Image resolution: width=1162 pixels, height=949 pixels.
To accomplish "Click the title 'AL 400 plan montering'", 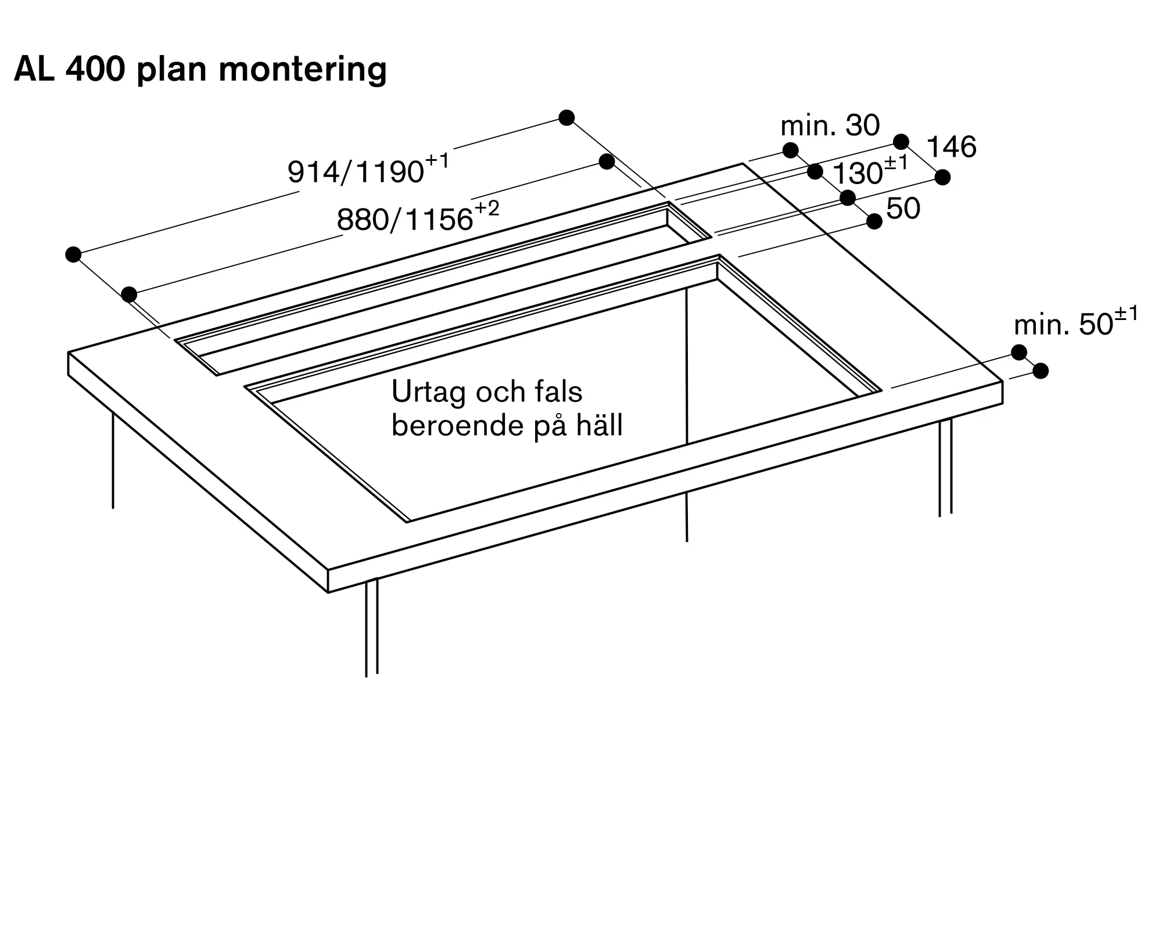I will coord(200,70).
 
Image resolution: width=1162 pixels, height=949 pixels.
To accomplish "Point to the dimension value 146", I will coord(951,147).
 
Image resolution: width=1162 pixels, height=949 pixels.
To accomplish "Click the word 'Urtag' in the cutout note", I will coord(429,392).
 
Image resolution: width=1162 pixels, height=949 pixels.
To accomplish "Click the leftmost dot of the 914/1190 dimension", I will coord(73,254).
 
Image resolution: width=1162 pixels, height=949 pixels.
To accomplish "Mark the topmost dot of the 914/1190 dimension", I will coord(566,118).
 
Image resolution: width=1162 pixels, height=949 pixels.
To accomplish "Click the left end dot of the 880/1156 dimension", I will coord(129,294).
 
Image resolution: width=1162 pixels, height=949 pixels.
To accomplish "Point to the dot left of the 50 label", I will coord(874,221).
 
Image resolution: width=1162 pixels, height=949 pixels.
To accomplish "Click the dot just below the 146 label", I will coord(942,177).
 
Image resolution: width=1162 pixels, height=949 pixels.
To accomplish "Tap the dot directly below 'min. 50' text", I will coord(1019,352).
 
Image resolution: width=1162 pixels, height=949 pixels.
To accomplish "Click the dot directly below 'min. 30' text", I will coord(790,150).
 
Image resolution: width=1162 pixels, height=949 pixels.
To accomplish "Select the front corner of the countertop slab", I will coord(328,570).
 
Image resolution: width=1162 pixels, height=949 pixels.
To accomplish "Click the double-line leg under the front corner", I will coord(372,627).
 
